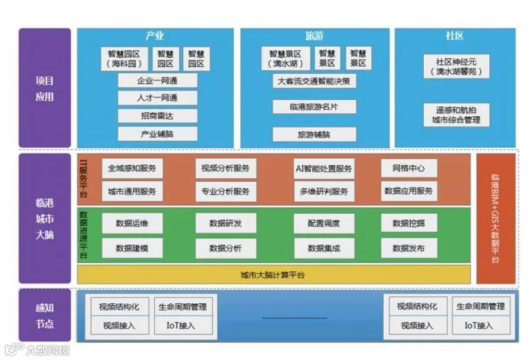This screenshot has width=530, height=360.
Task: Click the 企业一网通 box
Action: [x=157, y=80]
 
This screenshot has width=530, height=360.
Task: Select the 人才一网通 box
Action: [x=157, y=98]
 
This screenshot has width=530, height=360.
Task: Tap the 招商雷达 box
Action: [x=157, y=116]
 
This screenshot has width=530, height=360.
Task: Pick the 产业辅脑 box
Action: [x=157, y=133]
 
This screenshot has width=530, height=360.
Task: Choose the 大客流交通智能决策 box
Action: [x=314, y=81]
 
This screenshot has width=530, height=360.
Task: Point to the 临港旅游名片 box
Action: [x=314, y=107]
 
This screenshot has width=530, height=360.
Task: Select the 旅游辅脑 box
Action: [x=314, y=135]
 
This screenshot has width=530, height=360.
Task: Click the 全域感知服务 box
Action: [x=132, y=168]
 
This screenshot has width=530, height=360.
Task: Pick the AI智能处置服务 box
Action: [x=324, y=168]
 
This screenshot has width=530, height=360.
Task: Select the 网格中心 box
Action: [x=409, y=168]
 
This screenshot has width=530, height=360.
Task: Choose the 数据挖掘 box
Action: [x=409, y=223]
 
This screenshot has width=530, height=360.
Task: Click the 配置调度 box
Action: [x=324, y=223]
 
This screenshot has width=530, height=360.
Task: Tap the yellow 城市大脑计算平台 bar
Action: [x=273, y=275]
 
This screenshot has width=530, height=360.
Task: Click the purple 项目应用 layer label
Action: [x=44, y=89]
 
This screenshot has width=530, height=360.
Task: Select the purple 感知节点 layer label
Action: [x=44, y=316]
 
